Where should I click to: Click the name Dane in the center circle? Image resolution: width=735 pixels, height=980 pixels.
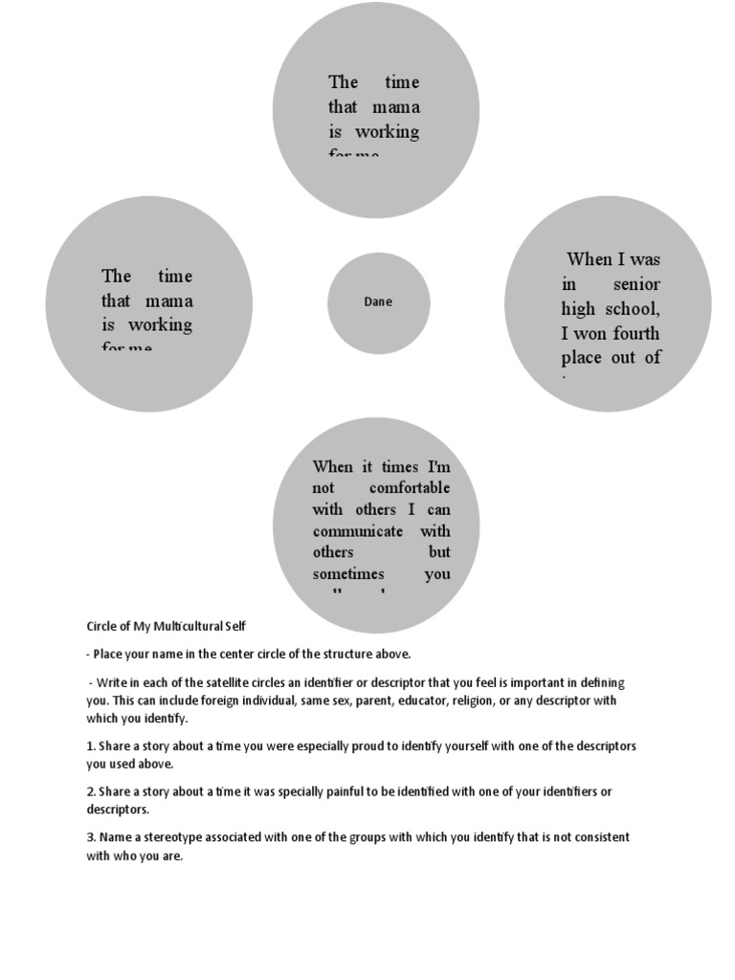click(378, 301)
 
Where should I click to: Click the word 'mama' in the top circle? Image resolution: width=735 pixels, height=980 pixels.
click(397, 107)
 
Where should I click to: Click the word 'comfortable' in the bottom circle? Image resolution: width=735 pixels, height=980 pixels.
click(410, 488)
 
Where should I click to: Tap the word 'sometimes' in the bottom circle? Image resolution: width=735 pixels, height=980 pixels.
click(348, 574)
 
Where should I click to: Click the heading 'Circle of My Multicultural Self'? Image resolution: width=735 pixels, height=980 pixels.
click(167, 626)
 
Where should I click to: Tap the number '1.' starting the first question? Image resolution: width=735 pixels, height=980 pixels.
click(91, 746)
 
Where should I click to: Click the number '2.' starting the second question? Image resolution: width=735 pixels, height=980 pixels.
click(91, 791)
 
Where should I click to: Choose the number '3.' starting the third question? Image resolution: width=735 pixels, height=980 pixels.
click(91, 837)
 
